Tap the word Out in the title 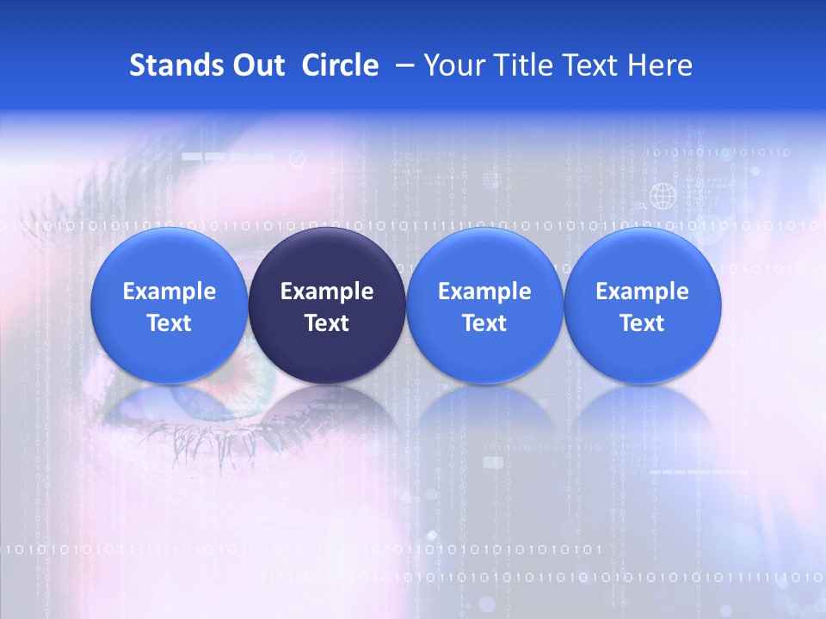tap(258, 65)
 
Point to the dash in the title tap(401, 65)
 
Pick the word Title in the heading tap(524, 65)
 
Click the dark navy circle tap(327, 305)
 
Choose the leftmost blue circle tap(169, 305)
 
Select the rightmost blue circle tap(643, 305)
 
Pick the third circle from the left tap(484, 305)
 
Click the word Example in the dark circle tap(327, 291)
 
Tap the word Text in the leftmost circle tap(169, 323)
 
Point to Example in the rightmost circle tap(643, 291)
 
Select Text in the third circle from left tap(484, 323)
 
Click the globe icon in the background tap(662, 196)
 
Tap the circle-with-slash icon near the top tap(297, 159)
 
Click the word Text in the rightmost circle tap(643, 323)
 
